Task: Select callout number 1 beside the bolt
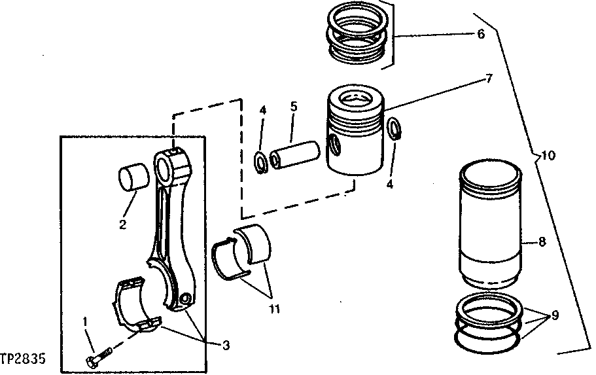84,321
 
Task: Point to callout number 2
122,226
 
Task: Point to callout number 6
481,34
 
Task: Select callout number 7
489,79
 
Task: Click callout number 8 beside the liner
542,241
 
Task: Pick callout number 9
555,315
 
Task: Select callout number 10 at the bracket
548,156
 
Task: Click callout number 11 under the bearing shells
274,306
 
